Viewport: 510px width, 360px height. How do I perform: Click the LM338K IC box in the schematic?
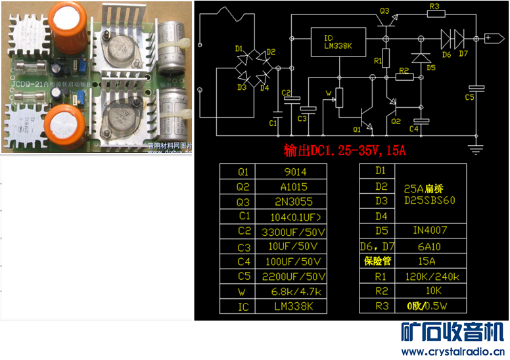tap(338, 41)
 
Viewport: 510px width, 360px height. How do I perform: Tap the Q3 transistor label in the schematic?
tap(384, 11)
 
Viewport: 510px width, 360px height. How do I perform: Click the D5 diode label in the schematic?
tap(431, 67)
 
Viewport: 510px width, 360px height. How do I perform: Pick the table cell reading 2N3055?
tap(292, 202)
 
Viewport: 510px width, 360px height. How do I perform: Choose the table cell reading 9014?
tap(292, 171)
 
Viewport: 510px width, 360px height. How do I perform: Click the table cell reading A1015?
tap(292, 187)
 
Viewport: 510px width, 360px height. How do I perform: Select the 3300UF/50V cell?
tap(293, 232)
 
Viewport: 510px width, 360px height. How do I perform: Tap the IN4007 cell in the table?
tap(430, 231)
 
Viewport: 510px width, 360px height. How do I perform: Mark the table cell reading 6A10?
tap(430, 246)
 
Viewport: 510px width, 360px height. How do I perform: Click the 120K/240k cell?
tap(430, 276)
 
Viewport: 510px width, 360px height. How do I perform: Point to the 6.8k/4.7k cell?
tap(293, 292)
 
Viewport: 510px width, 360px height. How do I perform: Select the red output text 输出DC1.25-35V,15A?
tap(344, 150)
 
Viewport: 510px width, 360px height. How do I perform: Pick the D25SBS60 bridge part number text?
tap(430, 200)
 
